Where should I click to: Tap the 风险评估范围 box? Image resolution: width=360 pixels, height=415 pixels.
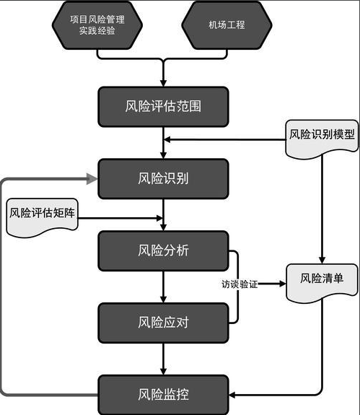(163, 107)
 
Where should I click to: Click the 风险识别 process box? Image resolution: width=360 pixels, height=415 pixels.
(163, 178)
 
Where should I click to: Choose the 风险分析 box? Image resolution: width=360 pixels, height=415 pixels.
(163, 250)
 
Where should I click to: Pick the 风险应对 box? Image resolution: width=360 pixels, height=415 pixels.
(163, 322)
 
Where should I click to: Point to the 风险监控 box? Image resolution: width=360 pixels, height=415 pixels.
(163, 394)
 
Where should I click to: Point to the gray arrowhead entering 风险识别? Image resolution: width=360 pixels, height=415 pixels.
(92, 178)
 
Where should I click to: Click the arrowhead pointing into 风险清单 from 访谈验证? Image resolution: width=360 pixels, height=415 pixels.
(280, 284)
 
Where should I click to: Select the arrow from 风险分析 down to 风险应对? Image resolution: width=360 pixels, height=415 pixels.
(164, 287)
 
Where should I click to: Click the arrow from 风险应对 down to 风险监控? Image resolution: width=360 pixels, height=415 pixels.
(164, 358)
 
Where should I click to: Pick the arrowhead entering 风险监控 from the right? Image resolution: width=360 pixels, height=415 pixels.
(234, 394)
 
